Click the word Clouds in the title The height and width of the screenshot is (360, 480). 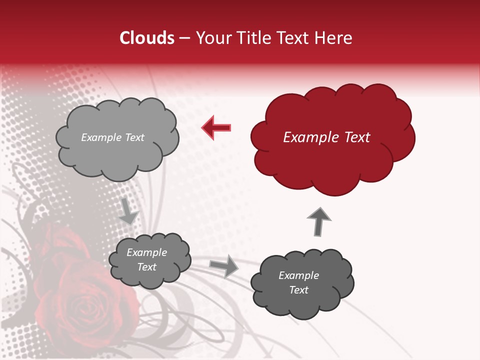coord(147,38)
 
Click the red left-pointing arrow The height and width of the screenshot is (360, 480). coord(216,127)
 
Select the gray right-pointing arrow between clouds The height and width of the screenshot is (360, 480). coord(224,265)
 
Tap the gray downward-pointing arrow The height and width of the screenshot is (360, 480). coord(128,211)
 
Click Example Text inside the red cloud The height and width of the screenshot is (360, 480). coord(326,137)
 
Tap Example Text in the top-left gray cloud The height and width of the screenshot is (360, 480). coord(112,137)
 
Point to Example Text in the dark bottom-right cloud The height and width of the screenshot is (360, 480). coord(299,282)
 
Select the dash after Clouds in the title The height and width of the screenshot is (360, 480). coord(184,38)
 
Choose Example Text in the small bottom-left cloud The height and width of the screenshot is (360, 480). coord(147,259)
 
